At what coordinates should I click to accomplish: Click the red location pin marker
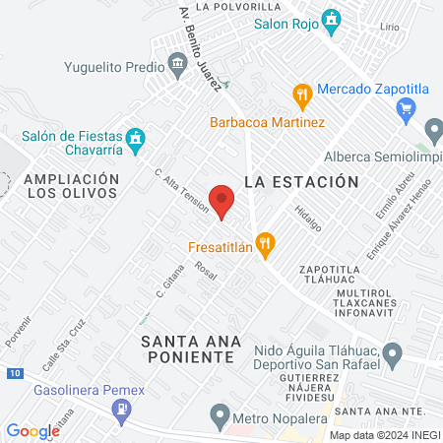(x=222, y=199)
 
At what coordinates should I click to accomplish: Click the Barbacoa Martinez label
(x=267, y=123)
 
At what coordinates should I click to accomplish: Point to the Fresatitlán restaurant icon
(x=264, y=242)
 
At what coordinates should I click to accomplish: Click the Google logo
(x=32, y=430)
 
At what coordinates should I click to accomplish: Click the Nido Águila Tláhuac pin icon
(x=392, y=350)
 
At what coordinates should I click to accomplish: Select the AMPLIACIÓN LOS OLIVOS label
(x=73, y=186)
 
